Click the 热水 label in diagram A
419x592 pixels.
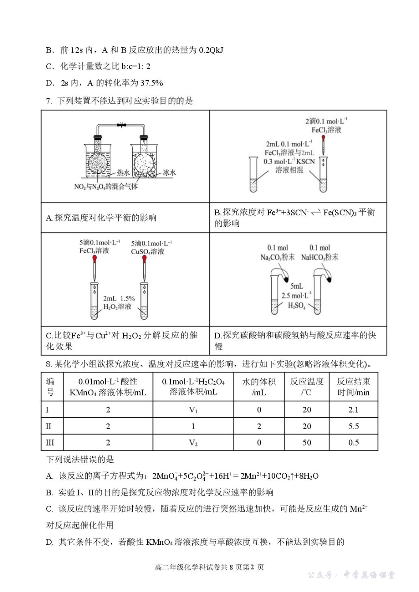(x=123, y=172)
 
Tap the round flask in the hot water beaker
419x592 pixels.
(x=97, y=163)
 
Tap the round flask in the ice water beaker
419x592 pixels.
(x=143, y=163)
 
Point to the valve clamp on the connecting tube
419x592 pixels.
(x=121, y=125)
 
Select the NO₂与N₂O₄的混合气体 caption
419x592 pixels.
(x=106, y=187)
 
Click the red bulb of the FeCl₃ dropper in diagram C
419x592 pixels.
(x=94, y=259)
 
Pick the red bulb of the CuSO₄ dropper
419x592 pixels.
(x=144, y=259)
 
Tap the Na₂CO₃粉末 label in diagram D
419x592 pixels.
(x=277, y=257)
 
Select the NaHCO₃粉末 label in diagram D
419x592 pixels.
(x=319, y=257)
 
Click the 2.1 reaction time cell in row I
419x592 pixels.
(x=353, y=410)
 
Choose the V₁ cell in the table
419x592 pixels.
(x=193, y=410)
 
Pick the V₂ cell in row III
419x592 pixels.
(x=193, y=442)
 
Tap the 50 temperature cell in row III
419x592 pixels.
(x=307, y=442)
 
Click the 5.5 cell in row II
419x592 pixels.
(x=353, y=426)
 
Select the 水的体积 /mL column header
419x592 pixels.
(x=259, y=387)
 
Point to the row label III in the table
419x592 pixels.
(x=50, y=442)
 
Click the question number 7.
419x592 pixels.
(x=49, y=101)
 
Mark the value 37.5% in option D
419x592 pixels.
(x=151, y=83)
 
